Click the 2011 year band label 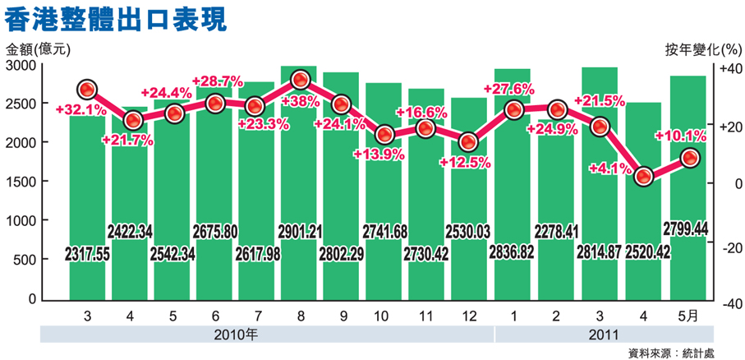pyautogui.click(x=604, y=335)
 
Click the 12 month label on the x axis pyautogui.click(x=468, y=315)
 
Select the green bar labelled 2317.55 pyautogui.click(x=89, y=205)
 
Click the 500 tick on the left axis pyautogui.click(x=26, y=260)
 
